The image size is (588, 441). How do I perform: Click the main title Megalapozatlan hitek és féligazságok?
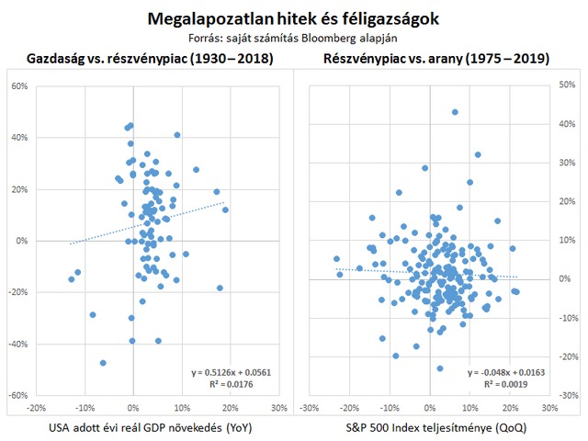coord(293,17)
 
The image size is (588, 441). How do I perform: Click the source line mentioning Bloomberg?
coord(293,39)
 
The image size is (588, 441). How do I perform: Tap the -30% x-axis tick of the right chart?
coord(310,408)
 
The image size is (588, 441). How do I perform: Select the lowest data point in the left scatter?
coord(103,363)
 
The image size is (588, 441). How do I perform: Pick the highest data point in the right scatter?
coord(455,112)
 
